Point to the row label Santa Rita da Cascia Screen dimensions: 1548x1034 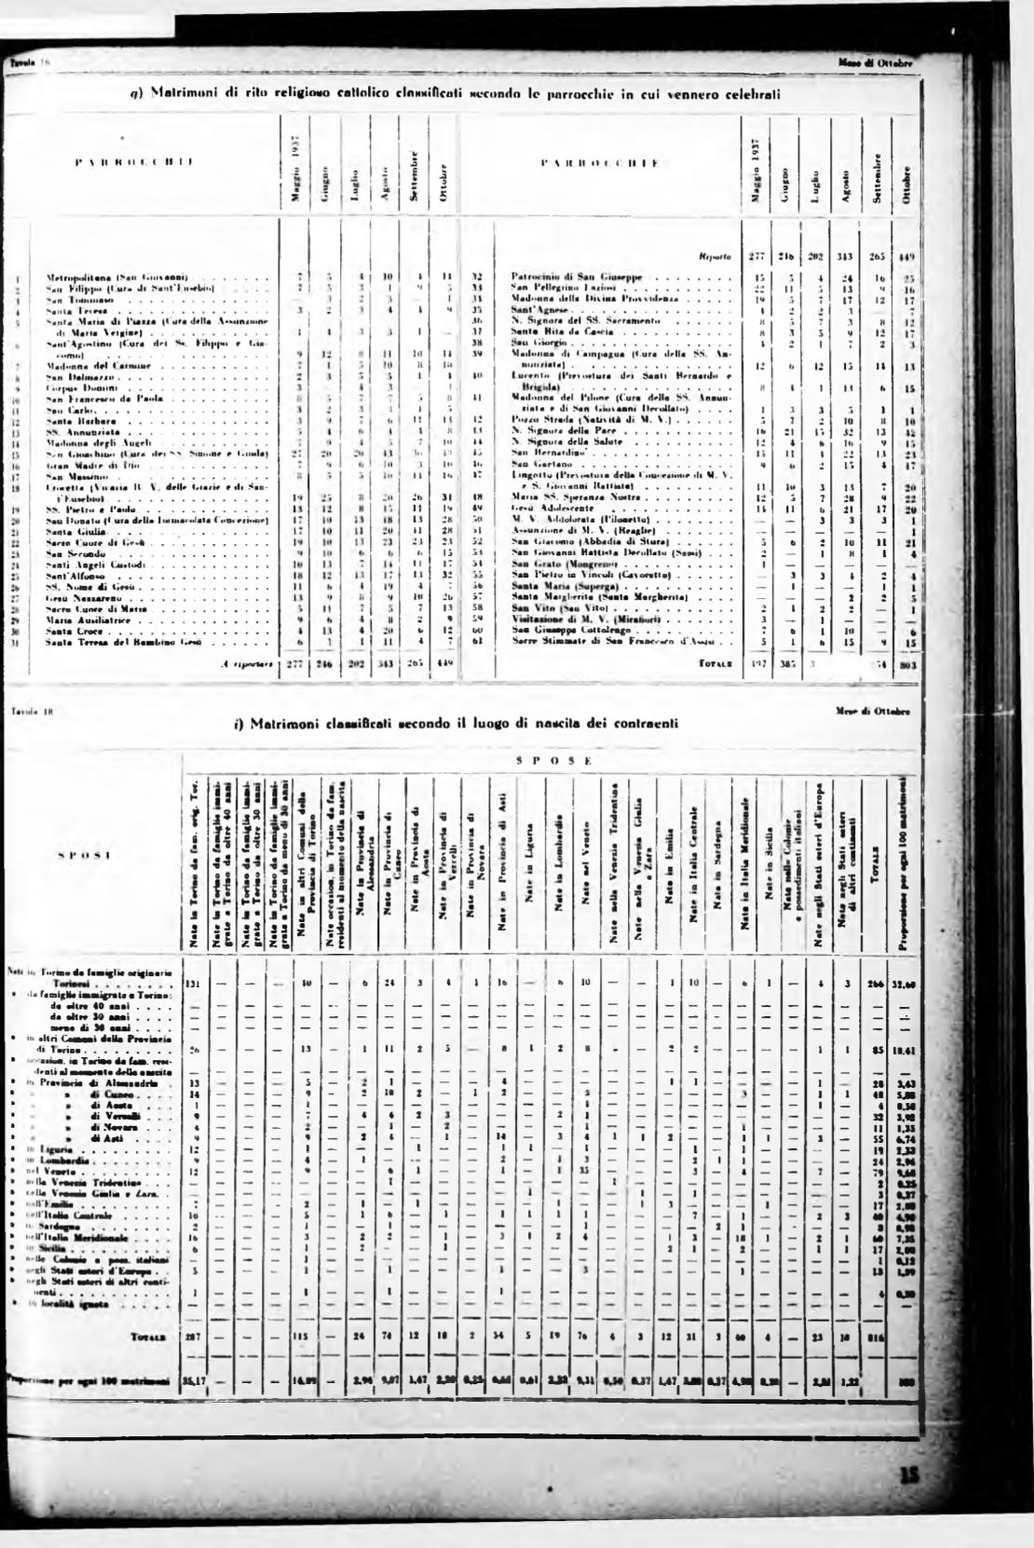(x=559, y=332)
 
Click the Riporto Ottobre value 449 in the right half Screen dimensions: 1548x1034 (x=903, y=255)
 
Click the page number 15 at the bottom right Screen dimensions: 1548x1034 (x=909, y=1500)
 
